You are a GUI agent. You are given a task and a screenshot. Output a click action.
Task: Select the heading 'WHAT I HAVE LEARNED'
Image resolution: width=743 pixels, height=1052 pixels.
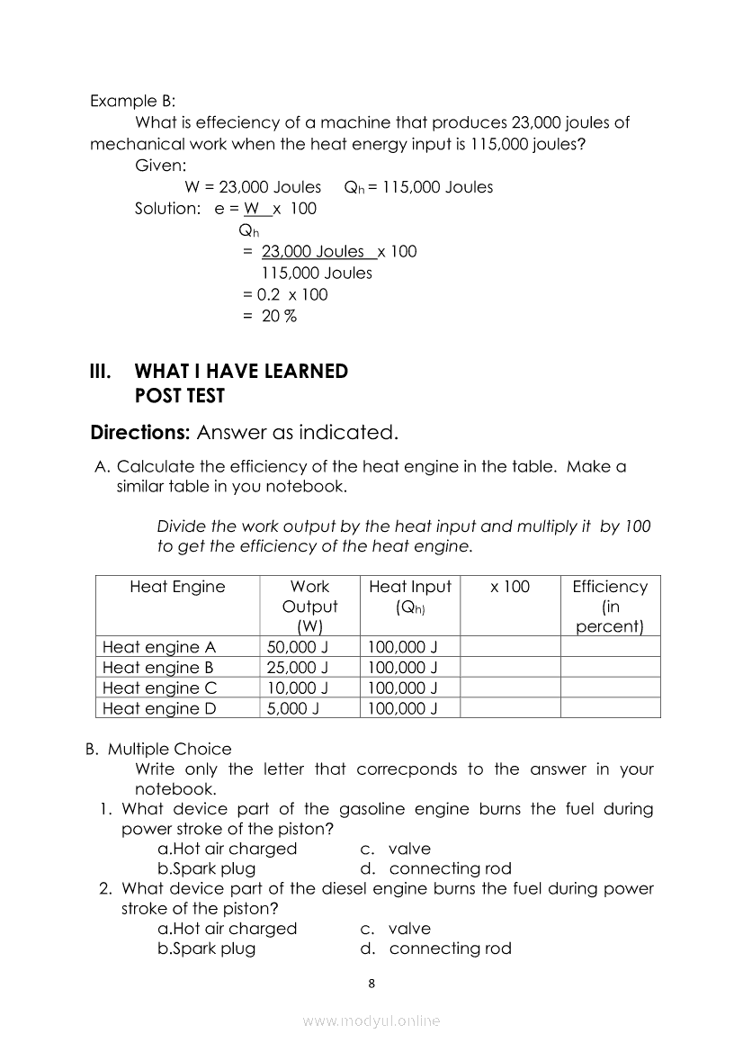coord(240,372)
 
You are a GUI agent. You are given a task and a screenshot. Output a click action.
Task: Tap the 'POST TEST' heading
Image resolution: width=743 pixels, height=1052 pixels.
coord(179,396)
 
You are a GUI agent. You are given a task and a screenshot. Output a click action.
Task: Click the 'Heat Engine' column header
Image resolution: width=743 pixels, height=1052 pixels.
coord(177,587)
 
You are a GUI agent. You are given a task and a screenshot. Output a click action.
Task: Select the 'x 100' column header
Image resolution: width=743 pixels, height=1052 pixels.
coord(510,587)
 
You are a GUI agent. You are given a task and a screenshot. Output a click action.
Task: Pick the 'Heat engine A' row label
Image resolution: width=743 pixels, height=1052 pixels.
coord(159,647)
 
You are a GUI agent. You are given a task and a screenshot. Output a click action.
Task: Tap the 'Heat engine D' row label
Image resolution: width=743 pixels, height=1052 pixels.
coord(159,708)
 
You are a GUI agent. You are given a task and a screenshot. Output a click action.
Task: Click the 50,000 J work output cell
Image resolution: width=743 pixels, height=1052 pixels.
coord(298,647)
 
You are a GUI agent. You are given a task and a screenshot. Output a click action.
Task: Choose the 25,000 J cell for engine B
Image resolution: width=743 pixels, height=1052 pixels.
coord(298,668)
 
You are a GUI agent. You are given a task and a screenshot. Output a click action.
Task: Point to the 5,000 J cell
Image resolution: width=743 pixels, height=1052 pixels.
coord(294,708)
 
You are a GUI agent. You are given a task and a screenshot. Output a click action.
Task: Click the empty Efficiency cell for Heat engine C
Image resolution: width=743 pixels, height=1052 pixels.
coord(610,688)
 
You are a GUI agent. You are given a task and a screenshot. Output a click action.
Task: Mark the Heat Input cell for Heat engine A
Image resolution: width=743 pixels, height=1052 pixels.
coord(403,647)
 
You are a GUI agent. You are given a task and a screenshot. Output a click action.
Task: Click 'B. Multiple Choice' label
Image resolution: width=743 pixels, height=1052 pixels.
coord(158,749)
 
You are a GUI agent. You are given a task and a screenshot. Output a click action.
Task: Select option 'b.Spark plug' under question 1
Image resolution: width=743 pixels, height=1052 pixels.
coord(206,868)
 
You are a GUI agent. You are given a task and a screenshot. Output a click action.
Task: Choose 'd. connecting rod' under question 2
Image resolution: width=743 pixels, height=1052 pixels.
coord(436,948)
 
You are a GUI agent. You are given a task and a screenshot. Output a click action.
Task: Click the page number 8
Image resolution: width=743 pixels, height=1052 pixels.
coord(372,983)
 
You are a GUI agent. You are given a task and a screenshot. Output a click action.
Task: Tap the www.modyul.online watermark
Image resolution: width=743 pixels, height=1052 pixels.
coord(371,1021)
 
